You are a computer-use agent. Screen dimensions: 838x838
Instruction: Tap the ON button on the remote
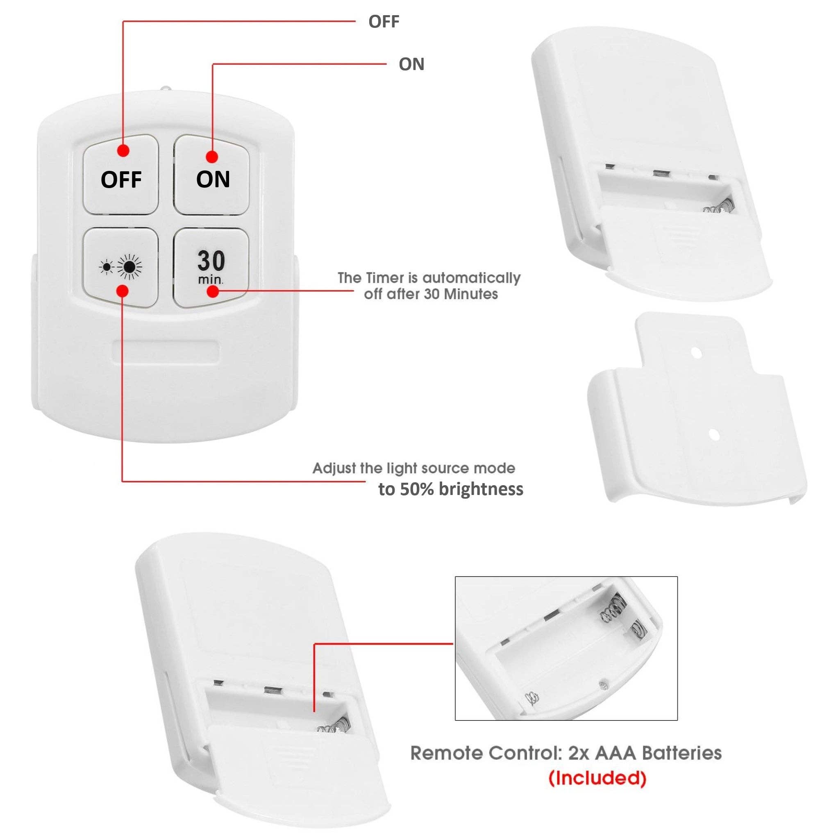coord(212,175)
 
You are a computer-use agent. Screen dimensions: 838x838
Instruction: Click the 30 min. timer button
coord(211,268)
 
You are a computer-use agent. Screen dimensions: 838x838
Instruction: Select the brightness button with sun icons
coord(120,268)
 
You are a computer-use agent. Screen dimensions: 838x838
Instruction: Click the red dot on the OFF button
coord(124,150)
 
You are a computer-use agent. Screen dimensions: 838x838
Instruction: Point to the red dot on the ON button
coord(212,157)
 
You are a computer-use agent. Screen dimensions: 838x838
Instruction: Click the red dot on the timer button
coord(213,291)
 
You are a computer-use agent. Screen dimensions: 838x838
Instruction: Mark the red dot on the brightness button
coord(123,290)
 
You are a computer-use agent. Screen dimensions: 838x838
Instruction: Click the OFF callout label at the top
coord(384,21)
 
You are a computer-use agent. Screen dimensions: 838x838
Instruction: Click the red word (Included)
coord(597,778)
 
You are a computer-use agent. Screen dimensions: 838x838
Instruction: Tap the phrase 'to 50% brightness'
coord(451,489)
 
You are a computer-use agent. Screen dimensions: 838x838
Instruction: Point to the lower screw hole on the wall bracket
coord(714,434)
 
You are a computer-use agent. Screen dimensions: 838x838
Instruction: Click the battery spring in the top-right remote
coord(719,206)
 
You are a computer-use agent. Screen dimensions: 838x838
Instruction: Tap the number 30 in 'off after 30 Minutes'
coord(432,294)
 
